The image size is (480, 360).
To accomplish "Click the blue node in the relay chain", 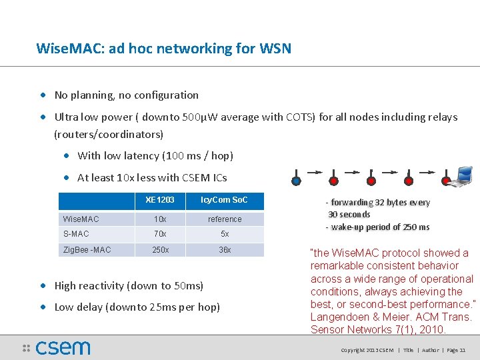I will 296,180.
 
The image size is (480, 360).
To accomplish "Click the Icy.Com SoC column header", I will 225,201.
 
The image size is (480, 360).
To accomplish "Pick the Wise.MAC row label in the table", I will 81,219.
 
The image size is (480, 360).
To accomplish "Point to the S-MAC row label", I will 76,234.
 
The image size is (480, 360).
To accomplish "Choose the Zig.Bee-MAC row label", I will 87,250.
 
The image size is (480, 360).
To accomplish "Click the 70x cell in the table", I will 160,234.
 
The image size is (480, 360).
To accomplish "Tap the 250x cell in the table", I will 160,250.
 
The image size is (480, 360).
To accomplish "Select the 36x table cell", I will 225,250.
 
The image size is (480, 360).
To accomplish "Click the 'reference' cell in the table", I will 225,219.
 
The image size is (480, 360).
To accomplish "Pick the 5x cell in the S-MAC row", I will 225,234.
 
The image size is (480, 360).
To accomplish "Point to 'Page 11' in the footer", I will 456,350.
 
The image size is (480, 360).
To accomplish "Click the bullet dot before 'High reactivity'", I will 44,286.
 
